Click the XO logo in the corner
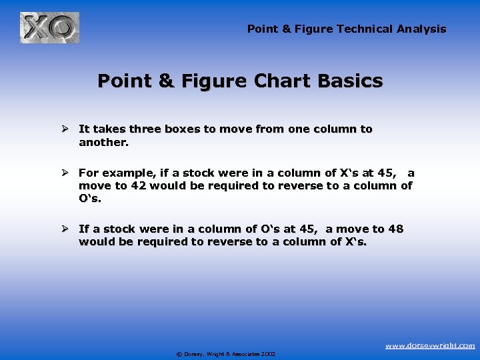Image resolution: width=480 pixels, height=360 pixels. click(x=49, y=27)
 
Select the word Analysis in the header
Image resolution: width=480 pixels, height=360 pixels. click(x=421, y=29)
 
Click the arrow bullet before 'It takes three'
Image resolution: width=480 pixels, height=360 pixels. click(x=66, y=129)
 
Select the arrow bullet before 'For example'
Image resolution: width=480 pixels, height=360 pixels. click(x=66, y=173)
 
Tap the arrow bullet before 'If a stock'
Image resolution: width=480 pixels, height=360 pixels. click(x=66, y=229)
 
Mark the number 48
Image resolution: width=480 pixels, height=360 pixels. click(x=395, y=229)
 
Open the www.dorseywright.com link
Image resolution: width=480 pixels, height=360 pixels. click(x=431, y=345)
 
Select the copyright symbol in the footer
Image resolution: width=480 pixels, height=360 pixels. click(x=179, y=354)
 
